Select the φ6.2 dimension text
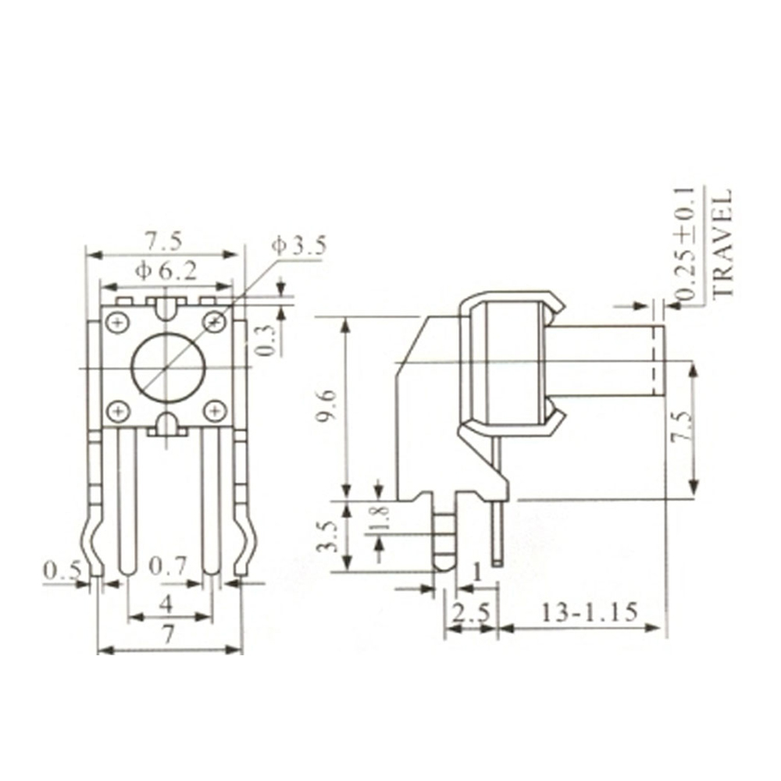pyautogui.click(x=166, y=271)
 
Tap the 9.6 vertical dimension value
pyautogui.click(x=327, y=407)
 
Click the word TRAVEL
pyautogui.click(x=723, y=241)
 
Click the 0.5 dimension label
pyautogui.click(x=62, y=571)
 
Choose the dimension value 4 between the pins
pyautogui.click(x=166, y=604)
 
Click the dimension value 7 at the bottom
pyautogui.click(x=167, y=636)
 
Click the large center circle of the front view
pyautogui.click(x=167, y=366)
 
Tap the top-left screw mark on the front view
pyautogui.click(x=118, y=321)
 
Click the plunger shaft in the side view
pyautogui.click(x=609, y=362)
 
